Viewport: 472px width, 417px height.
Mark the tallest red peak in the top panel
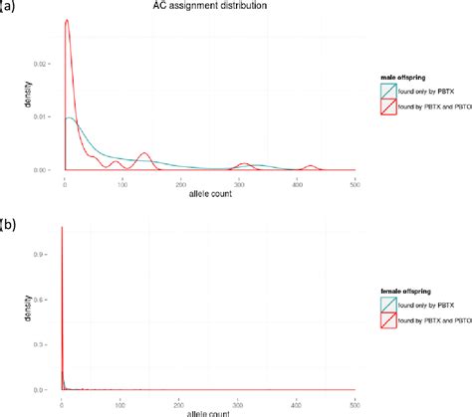(66, 20)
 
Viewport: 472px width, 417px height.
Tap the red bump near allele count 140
(143, 154)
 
